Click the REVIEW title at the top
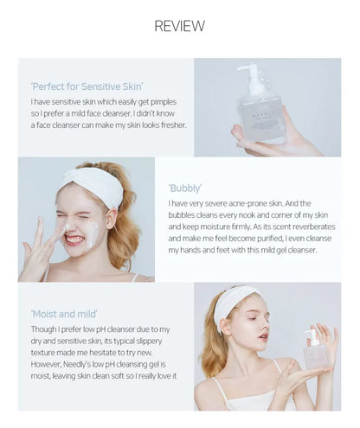click(179, 26)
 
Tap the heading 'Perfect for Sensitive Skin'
click(87, 86)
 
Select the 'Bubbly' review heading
click(185, 188)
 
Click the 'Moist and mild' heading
click(64, 314)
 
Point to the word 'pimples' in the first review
click(164, 102)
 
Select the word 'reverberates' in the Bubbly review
click(314, 227)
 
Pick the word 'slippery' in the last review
click(149, 342)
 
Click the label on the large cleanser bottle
click(260, 120)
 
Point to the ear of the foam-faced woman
click(112, 219)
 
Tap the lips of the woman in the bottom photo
click(263, 336)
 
